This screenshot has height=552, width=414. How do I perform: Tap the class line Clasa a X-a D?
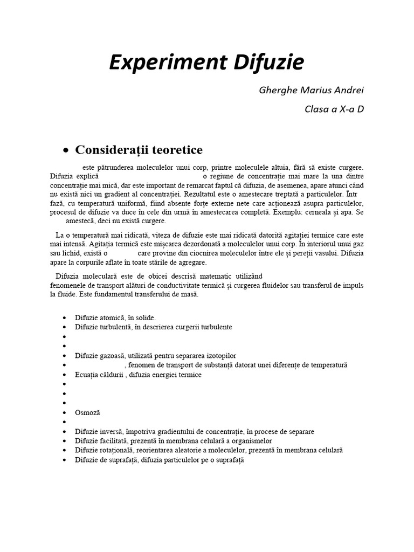point(334,109)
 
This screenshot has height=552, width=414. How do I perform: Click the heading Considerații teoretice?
point(139,149)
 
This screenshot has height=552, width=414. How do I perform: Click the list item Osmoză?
point(88,412)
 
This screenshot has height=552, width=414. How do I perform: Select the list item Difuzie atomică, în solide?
point(115,318)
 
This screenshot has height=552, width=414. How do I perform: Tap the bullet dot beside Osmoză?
point(65,413)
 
